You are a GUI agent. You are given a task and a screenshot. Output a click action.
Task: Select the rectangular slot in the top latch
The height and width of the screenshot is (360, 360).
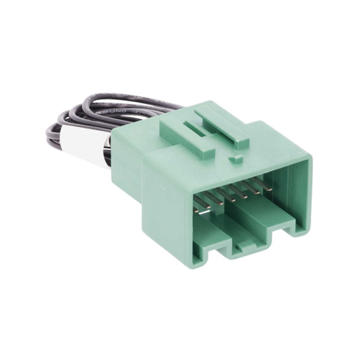tap(196, 128)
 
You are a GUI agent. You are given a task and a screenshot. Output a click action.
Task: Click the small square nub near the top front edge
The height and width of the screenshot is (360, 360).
tap(236, 159)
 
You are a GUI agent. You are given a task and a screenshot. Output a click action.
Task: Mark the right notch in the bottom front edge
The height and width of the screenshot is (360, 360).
tap(278, 236)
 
